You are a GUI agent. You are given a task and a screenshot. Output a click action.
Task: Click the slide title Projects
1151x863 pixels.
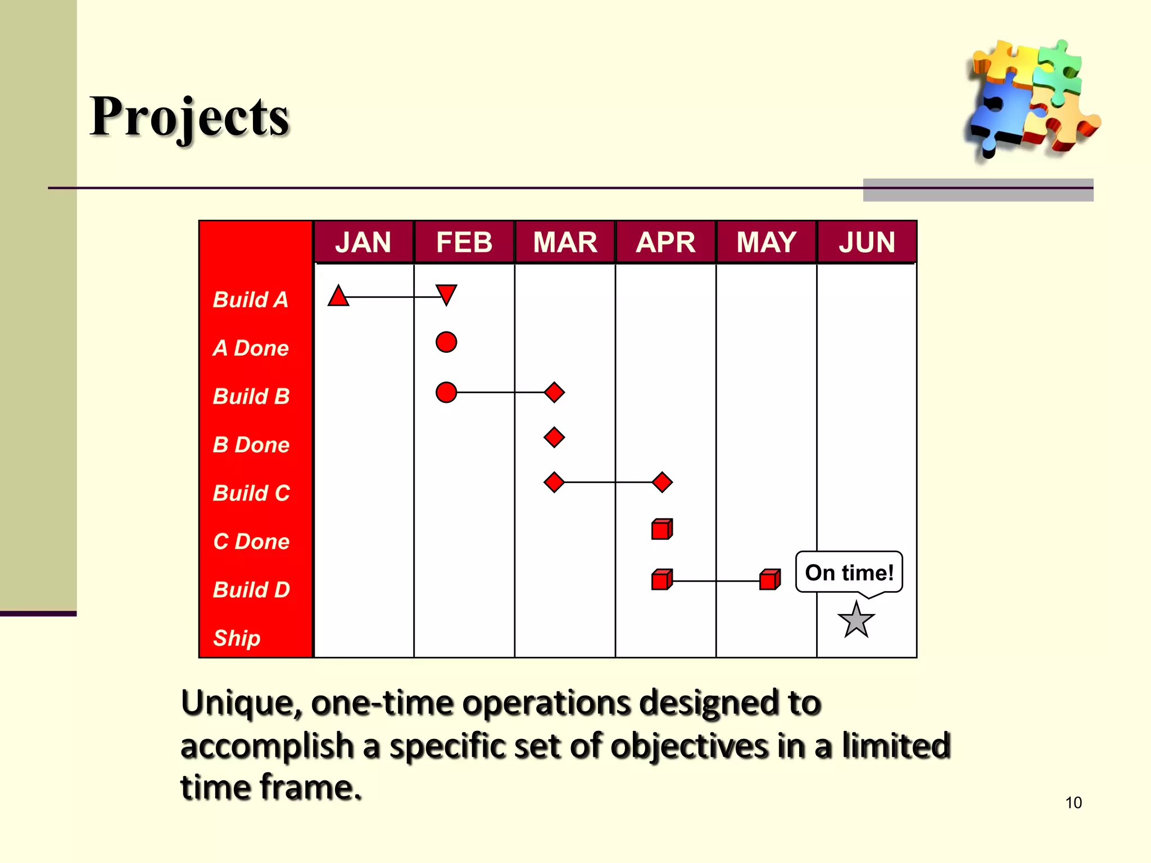189,117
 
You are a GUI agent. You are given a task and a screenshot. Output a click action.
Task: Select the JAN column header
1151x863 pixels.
363,242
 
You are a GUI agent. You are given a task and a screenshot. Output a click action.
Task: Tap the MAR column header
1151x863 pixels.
565,242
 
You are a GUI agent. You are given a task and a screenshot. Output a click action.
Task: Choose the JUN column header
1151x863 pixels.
867,242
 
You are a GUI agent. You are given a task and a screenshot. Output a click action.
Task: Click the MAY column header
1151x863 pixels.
766,242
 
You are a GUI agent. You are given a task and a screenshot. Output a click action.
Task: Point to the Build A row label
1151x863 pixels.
251,300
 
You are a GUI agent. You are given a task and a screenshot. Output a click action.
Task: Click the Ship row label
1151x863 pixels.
237,638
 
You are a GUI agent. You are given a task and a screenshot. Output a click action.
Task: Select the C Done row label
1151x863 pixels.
251,542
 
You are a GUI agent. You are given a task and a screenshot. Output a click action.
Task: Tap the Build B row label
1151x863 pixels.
251,397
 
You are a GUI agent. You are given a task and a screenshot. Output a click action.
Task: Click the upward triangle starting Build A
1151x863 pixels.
338,297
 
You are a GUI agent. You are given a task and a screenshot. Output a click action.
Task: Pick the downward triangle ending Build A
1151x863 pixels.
446,294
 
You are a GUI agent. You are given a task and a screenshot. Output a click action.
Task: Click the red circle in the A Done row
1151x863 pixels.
446,342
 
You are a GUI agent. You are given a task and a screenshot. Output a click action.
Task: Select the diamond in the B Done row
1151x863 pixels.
554,437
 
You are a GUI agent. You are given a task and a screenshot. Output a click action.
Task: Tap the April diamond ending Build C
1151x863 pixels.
662,482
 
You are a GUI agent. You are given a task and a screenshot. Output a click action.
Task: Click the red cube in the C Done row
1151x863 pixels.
661,529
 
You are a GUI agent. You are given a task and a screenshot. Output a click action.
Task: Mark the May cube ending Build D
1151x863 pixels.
769,579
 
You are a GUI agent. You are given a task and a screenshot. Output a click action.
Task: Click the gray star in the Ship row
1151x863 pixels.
856,620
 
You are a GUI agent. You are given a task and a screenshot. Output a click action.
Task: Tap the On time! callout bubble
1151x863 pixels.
849,573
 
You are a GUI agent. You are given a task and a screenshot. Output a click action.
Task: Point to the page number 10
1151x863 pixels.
1073,802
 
